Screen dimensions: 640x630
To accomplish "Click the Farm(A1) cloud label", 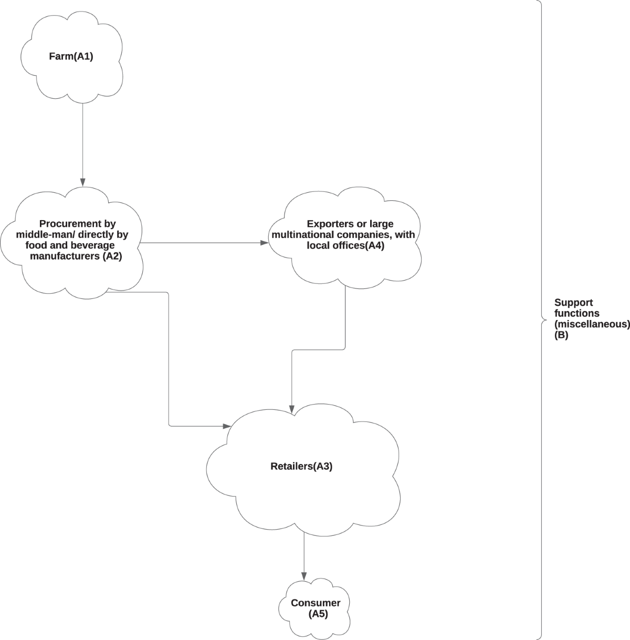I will point(71,57).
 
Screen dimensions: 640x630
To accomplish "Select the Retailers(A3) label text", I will point(301,466).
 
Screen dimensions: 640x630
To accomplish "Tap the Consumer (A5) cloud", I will point(316,608).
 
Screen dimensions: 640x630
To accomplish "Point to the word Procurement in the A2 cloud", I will point(77,224).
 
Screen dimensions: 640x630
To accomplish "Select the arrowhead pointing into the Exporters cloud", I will point(264,243).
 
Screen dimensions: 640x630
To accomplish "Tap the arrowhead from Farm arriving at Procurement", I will point(82,182).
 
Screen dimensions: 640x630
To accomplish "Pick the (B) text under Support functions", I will point(561,335).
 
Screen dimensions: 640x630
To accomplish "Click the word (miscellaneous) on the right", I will point(592,324).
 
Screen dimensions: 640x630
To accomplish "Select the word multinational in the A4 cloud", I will point(301,234).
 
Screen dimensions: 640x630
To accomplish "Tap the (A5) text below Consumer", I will point(318,614).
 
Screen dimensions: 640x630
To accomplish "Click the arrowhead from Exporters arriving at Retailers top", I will point(292,410).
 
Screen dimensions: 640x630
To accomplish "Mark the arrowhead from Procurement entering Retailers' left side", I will point(228,426).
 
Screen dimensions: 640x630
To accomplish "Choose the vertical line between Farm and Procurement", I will point(82,142).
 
